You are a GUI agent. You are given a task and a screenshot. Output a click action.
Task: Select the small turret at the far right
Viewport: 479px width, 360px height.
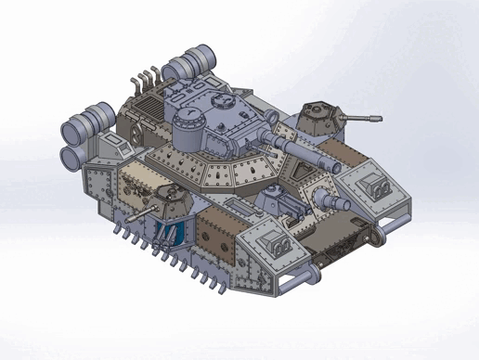tap(319, 115)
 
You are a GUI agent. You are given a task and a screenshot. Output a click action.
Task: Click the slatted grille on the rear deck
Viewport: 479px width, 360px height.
tap(148, 110)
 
